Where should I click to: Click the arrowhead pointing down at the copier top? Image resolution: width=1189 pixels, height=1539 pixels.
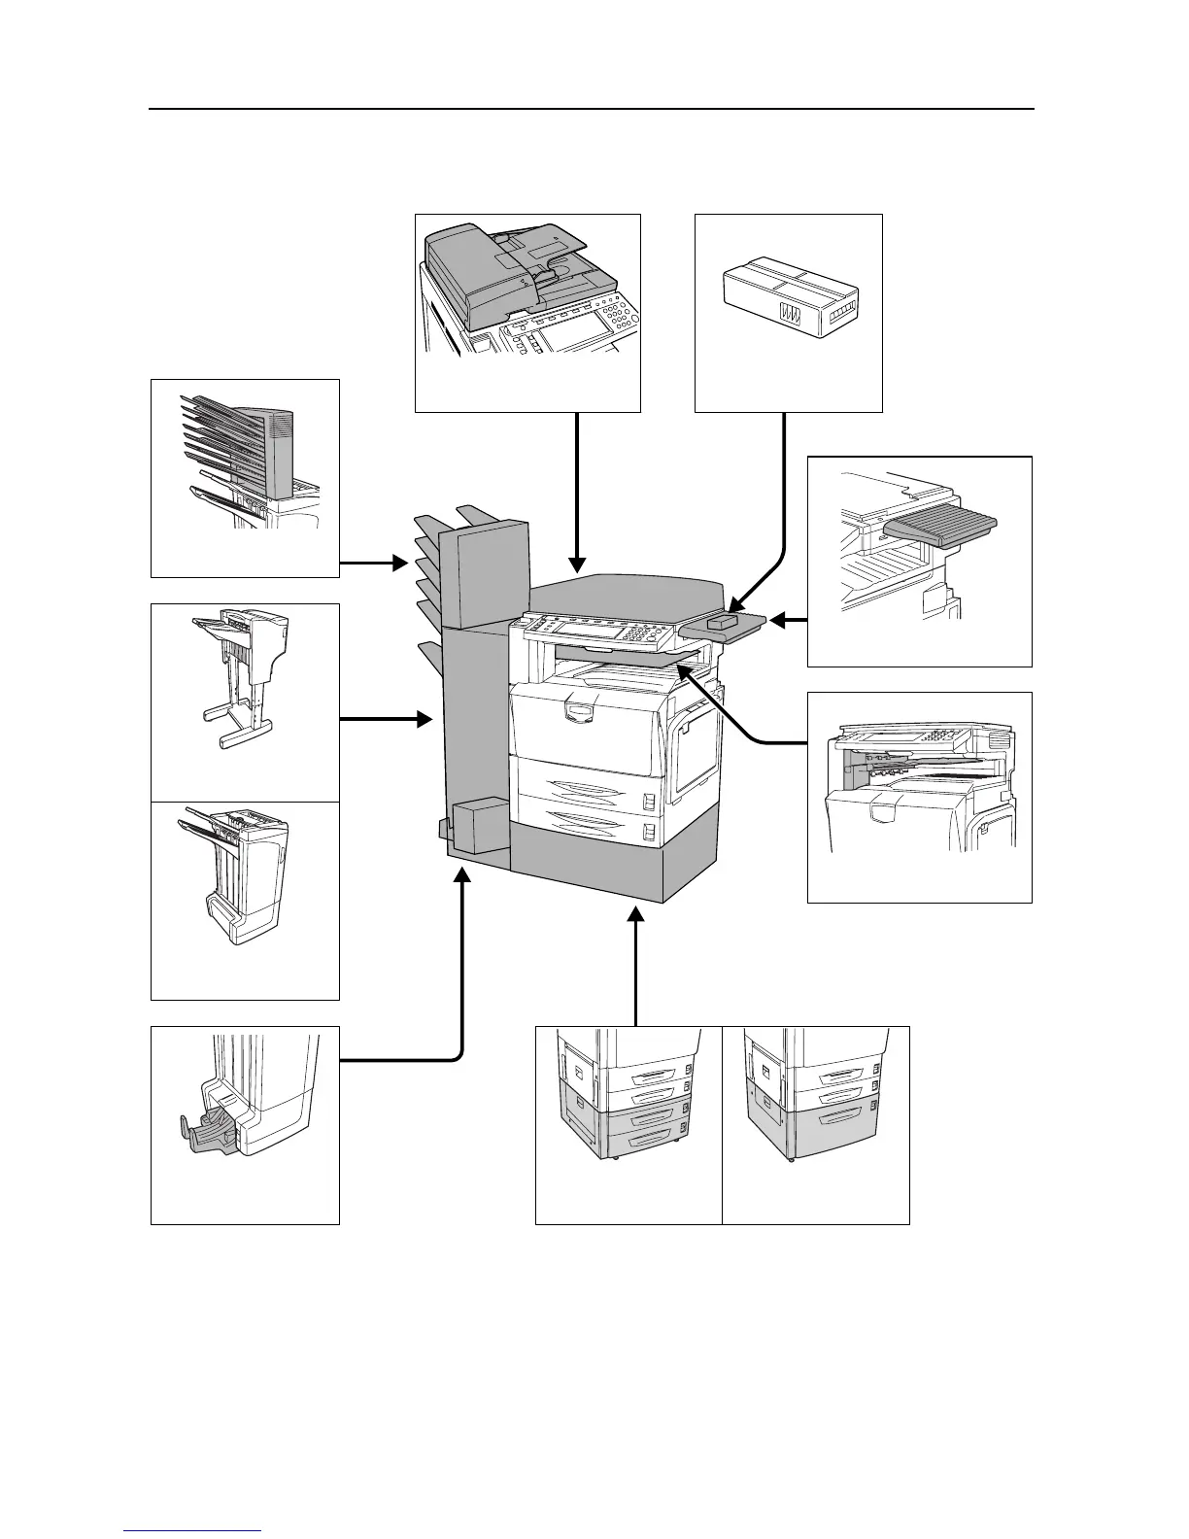click(578, 563)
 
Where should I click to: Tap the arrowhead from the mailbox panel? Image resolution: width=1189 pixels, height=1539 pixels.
click(398, 562)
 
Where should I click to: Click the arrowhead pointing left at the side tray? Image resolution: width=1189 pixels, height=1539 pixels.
click(777, 619)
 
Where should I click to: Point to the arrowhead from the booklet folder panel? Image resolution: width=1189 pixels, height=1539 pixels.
click(462, 876)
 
